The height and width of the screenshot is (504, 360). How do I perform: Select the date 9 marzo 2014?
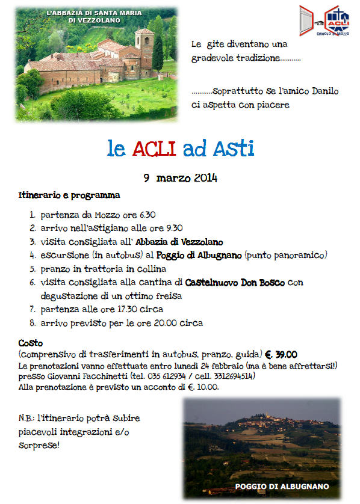[180, 178]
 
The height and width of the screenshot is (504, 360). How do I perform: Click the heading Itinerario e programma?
[69, 195]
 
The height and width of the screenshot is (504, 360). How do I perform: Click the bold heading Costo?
[30, 343]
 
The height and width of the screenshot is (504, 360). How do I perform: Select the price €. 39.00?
[281, 354]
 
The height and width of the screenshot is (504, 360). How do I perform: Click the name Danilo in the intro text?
[325, 91]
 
